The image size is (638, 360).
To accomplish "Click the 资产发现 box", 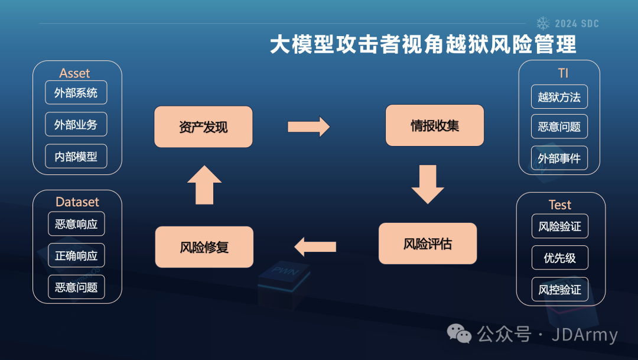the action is point(203,127).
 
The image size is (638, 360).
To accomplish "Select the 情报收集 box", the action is point(435,125).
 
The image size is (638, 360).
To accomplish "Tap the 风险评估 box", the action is point(428,244).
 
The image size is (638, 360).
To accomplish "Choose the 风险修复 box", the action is point(204,247).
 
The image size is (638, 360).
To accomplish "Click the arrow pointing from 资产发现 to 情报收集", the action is point(308,127).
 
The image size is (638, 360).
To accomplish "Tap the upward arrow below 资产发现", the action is point(204,185).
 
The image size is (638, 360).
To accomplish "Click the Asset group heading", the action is point(74,73).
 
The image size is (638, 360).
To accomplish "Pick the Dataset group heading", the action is point(77,202).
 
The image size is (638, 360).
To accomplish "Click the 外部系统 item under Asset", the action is point(76,93).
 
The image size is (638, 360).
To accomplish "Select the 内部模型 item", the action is point(76,157).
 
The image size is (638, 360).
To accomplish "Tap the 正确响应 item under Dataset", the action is point(76,256).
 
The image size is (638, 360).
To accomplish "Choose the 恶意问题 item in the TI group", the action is point(559,127).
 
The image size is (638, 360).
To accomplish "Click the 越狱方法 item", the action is point(559,97).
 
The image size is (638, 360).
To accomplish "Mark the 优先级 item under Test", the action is point(559,258).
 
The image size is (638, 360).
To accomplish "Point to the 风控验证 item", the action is point(559,290).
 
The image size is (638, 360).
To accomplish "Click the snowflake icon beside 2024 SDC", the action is point(543,23).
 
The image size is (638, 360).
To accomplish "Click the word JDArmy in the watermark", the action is point(584,335).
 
